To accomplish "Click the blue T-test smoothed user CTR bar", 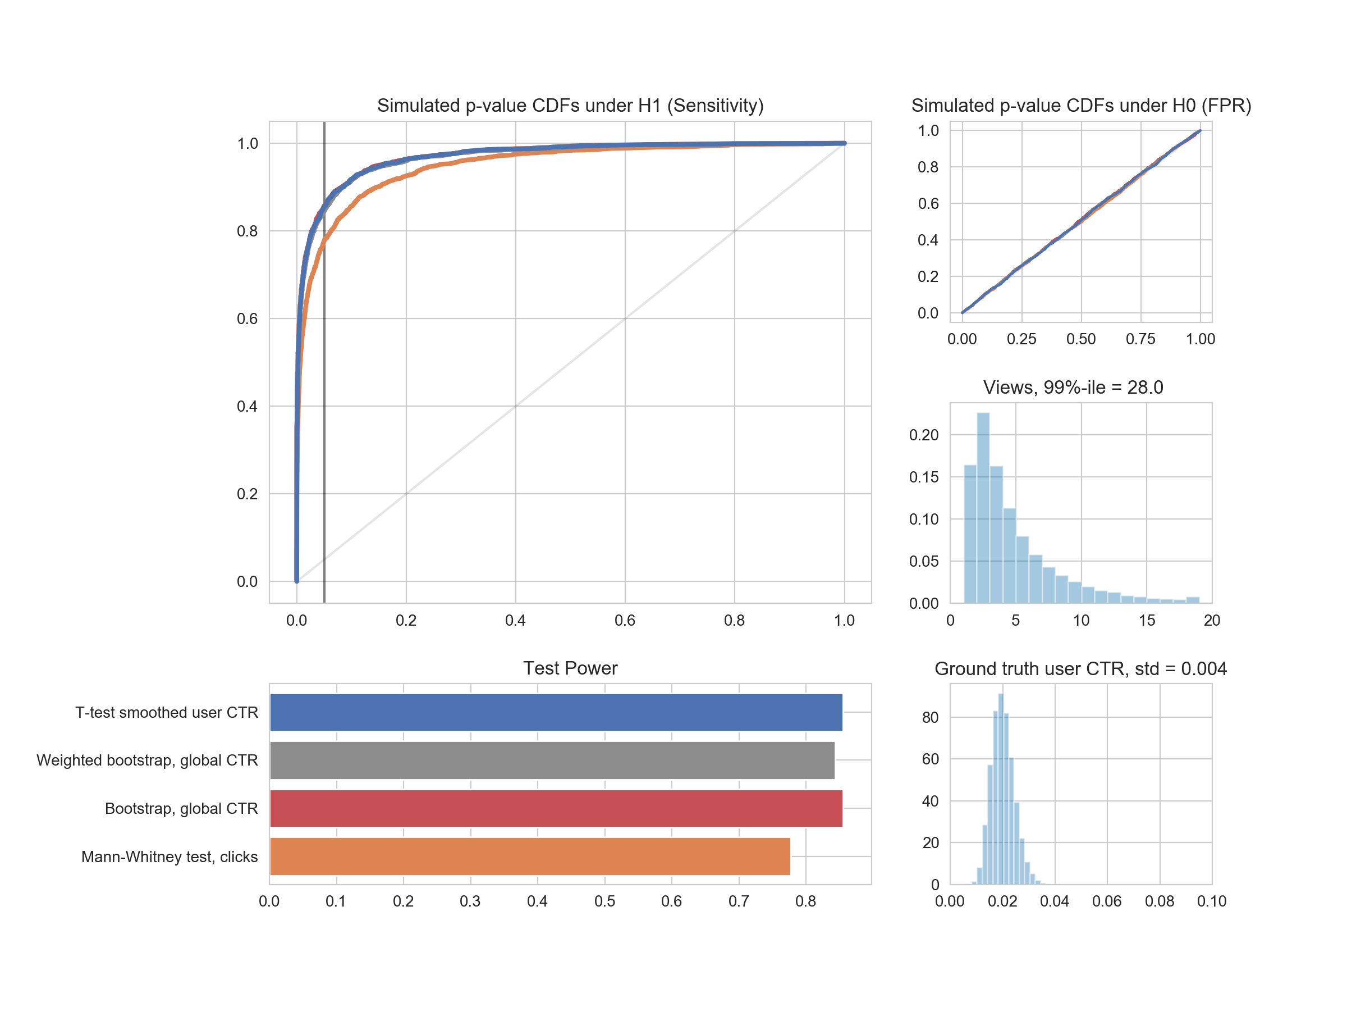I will pyautogui.click(x=556, y=712).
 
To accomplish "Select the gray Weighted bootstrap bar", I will pyautogui.click(x=552, y=760).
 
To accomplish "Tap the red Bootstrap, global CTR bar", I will pyautogui.click(x=556, y=808).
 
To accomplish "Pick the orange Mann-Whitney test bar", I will pyautogui.click(x=530, y=856).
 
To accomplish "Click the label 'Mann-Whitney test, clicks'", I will pyautogui.click(x=169, y=857).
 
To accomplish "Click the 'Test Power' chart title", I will pyautogui.click(x=570, y=668).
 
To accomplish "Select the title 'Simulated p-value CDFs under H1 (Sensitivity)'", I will pyautogui.click(x=570, y=106).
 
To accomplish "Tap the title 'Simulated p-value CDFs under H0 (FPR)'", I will pyautogui.click(x=1081, y=106).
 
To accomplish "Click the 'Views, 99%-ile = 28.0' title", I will pyautogui.click(x=1073, y=387).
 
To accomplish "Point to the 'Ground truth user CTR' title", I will pyautogui.click(x=1080, y=668).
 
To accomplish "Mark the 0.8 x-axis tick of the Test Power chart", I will pyautogui.click(x=805, y=901).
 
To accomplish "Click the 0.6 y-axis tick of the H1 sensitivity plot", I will pyautogui.click(x=248, y=318).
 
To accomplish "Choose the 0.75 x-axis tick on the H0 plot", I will pyautogui.click(x=1140, y=339).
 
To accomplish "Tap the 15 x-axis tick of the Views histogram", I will pyautogui.click(x=1147, y=621).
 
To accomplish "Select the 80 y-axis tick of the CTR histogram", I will pyautogui.click(x=930, y=717).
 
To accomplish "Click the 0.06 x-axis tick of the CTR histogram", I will pyautogui.click(x=1106, y=901).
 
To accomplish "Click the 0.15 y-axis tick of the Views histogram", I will pyautogui.click(x=923, y=477).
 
